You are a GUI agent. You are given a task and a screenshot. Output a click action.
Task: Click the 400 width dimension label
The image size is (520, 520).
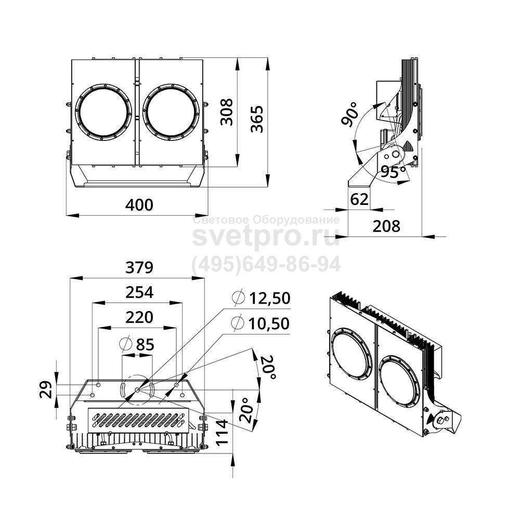[139, 205]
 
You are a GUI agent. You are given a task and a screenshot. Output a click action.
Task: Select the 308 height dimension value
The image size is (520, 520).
[227, 112]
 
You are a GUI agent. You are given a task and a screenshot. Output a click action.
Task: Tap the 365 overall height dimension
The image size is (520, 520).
[257, 119]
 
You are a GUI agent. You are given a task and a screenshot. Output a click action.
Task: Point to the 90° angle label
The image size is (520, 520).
[350, 114]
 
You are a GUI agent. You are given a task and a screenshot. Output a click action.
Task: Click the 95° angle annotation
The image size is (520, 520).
[393, 171]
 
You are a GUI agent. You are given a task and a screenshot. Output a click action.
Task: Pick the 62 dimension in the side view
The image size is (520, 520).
[359, 199]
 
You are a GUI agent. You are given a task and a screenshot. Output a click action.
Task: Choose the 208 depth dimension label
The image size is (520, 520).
[386, 226]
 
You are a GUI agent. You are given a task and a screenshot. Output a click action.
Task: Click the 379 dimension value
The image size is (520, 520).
[139, 267]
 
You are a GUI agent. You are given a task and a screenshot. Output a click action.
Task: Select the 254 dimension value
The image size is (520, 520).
[139, 292]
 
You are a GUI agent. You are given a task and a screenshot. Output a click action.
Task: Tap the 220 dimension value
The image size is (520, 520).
[139, 317]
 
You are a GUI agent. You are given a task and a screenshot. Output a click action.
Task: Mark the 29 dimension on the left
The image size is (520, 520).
[46, 389]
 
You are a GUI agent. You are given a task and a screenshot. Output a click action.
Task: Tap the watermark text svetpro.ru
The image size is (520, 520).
[266, 237]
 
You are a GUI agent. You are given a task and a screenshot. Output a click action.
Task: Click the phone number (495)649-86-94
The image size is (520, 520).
[266, 264]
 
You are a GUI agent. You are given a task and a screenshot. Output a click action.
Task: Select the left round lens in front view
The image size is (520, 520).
[103, 112]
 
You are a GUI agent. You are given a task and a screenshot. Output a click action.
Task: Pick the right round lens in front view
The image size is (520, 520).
[172, 112]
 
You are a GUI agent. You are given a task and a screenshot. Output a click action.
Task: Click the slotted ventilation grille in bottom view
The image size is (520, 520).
[138, 420]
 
